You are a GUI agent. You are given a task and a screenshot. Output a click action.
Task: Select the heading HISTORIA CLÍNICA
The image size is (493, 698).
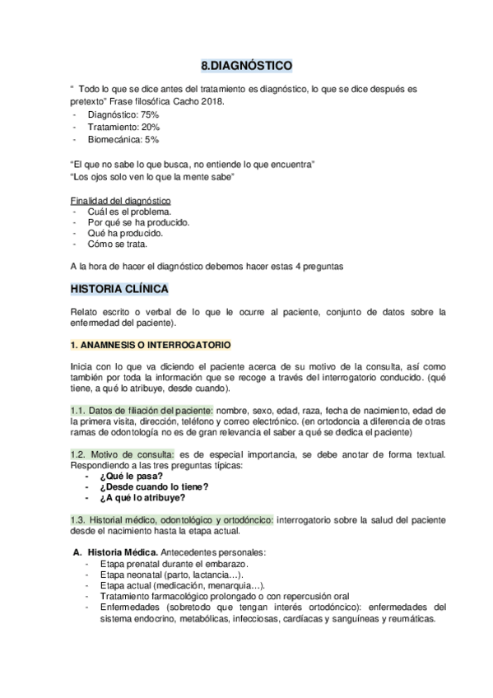point(119,290)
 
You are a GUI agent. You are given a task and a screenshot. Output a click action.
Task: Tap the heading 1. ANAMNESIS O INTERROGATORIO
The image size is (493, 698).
point(150,343)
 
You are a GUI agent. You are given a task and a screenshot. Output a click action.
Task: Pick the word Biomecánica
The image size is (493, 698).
point(114,140)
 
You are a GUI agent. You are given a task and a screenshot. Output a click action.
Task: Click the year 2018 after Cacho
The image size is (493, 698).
point(210,100)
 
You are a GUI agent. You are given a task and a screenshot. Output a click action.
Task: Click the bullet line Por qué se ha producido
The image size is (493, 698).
point(138,222)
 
